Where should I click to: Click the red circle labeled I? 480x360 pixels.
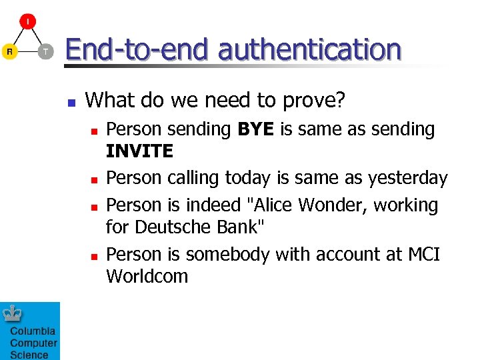tap(27, 22)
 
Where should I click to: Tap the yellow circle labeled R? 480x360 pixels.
tap(9, 51)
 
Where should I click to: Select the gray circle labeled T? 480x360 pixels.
tap(45, 51)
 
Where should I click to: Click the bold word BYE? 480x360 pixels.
tap(256, 129)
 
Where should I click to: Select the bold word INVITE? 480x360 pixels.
tap(139, 151)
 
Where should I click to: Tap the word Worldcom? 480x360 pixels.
tap(147, 276)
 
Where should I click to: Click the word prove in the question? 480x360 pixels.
tap(311, 101)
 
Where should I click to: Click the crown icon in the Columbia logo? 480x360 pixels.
tap(13, 313)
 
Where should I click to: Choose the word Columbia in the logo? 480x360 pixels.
tap(33, 331)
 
